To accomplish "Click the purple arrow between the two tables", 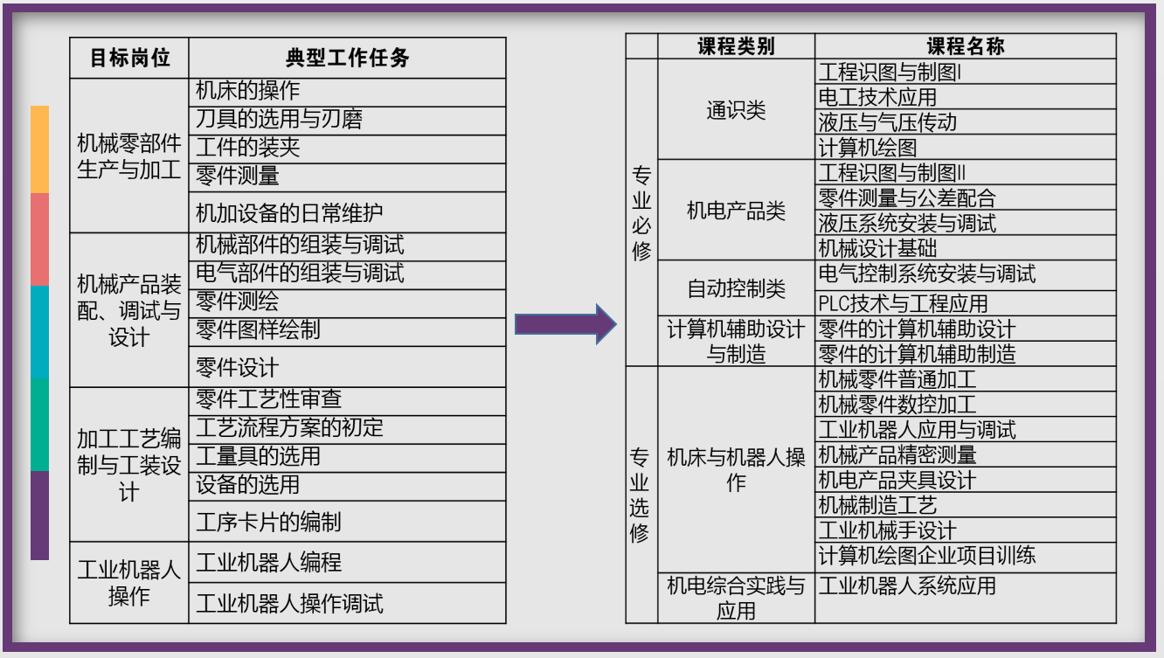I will pos(564,324).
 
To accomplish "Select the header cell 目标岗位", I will pos(129,59).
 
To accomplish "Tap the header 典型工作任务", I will pos(347,59).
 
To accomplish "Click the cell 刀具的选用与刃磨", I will pos(279,120).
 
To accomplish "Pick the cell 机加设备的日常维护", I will pos(289,212).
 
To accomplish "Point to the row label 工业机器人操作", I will pos(129,583).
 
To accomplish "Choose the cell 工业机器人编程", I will pos(268,562).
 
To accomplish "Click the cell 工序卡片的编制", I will pos(268,522).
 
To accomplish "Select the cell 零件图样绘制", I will pos(258,329).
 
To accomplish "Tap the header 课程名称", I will pos(965,46).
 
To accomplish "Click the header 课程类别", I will pos(736,46).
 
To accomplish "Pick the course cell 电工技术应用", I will pos(877,97).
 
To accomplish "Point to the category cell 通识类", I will pos(736,109).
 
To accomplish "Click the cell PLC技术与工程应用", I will pos(903,303).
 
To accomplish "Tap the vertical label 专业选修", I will pos(641,495).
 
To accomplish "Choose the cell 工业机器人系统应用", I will pos(907,585).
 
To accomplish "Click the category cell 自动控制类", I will pos(736,287).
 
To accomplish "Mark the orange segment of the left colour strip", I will pos(39,149).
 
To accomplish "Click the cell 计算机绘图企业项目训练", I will pos(926,556).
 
